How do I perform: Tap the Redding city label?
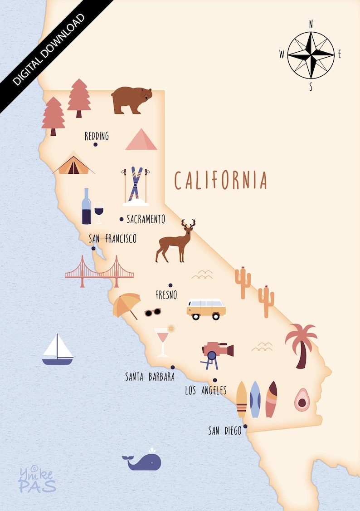[x=97, y=136]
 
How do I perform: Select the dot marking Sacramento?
[x=122, y=219]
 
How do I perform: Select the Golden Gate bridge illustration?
[x=99, y=272]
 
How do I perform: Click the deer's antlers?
[x=188, y=224]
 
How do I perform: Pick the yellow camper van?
[x=206, y=309]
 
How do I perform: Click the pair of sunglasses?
[x=153, y=312]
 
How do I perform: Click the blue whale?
[x=142, y=461]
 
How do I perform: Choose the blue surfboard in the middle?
[x=255, y=399]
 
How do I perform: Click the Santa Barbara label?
[x=150, y=377]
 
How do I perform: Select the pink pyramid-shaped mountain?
[x=141, y=140]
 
